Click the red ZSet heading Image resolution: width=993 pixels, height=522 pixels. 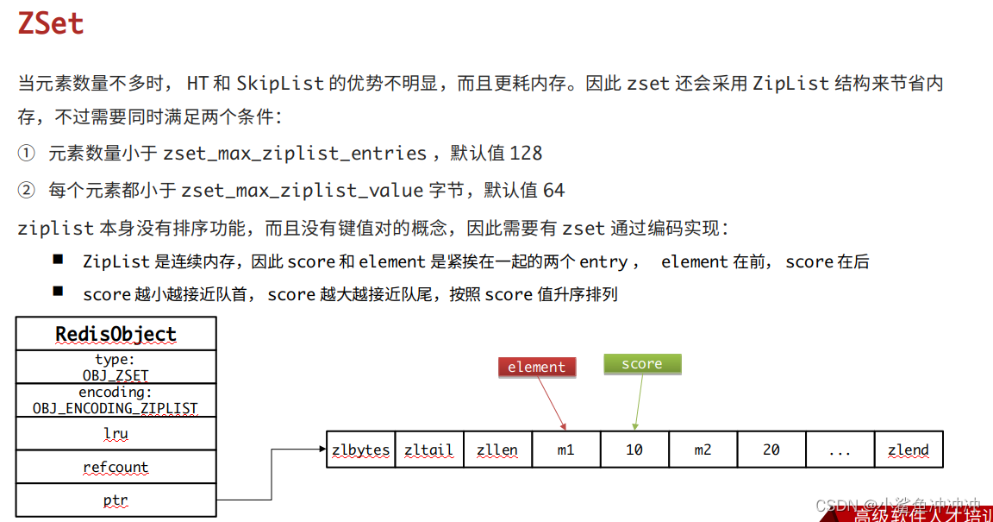tap(51, 23)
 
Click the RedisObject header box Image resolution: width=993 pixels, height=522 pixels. tap(116, 334)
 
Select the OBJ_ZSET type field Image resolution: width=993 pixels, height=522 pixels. tap(116, 368)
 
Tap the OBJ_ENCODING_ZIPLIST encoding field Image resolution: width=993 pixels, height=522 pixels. tap(116, 400)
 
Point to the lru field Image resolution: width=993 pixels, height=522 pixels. tap(116, 434)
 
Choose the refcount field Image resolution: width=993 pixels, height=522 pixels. tap(116, 468)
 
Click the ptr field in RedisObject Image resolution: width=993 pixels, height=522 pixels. tap(116, 500)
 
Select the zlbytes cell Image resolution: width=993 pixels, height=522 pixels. tap(360, 450)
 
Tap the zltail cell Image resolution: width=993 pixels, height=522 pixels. tap(428, 450)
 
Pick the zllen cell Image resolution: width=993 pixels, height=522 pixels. tap(497, 450)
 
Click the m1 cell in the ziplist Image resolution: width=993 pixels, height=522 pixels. tap(565, 450)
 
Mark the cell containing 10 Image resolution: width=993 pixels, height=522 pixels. tap(634, 450)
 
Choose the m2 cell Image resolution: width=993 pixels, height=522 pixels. tap(703, 450)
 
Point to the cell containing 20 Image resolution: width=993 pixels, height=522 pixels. tap(771, 450)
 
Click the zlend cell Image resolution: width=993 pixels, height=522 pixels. tap(909, 450)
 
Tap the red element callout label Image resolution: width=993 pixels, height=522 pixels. tap(536, 368)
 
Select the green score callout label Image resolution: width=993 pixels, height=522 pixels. tap(642, 364)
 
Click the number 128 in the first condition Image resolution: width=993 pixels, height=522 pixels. tap(526, 154)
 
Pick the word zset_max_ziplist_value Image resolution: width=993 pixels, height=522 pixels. tap(302, 190)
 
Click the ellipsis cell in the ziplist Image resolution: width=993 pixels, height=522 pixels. tap(840, 450)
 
